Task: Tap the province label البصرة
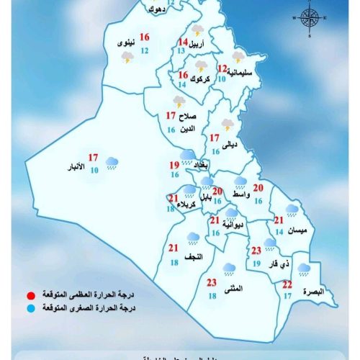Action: pos(313,291)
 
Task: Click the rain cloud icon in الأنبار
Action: pos(113,163)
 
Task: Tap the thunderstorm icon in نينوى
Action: pos(127,56)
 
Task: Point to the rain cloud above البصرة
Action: pos(305,270)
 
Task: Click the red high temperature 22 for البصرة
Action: pos(287,284)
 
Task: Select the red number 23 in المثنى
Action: pos(212,282)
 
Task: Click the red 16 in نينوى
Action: pos(145,37)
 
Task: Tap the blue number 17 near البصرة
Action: pos(287,296)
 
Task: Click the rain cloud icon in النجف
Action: pos(193,237)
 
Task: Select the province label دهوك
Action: pos(153,9)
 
